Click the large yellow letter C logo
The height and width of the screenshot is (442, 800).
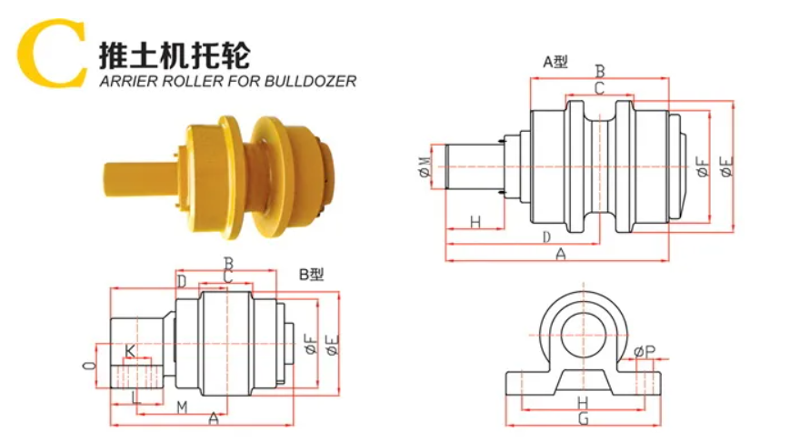tap(53, 54)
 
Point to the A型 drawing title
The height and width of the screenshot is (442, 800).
tap(555, 62)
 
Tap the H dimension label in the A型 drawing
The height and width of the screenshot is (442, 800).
tap(474, 223)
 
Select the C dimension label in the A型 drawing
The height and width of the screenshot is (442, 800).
tap(599, 88)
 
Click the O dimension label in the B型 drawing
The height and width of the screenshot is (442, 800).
tap(87, 366)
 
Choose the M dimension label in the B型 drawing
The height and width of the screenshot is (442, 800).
tap(182, 406)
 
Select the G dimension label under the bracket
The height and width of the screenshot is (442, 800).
tap(583, 418)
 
